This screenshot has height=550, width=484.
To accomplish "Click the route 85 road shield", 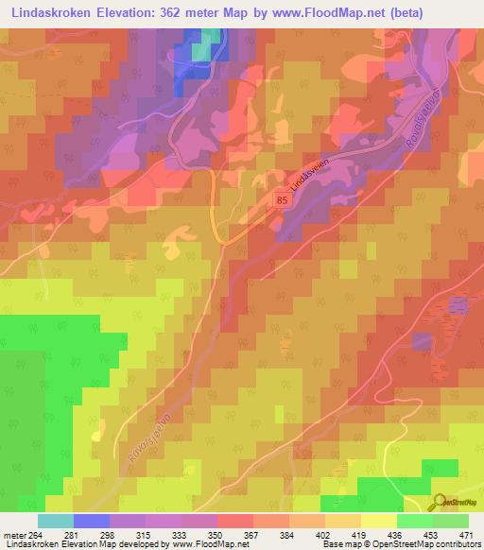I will coord(282,199).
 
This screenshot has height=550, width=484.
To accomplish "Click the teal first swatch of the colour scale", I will coord(56,521).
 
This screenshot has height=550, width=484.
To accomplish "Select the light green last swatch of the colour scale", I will coord(451,521).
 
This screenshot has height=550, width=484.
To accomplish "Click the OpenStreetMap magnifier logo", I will coord(440,501).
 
